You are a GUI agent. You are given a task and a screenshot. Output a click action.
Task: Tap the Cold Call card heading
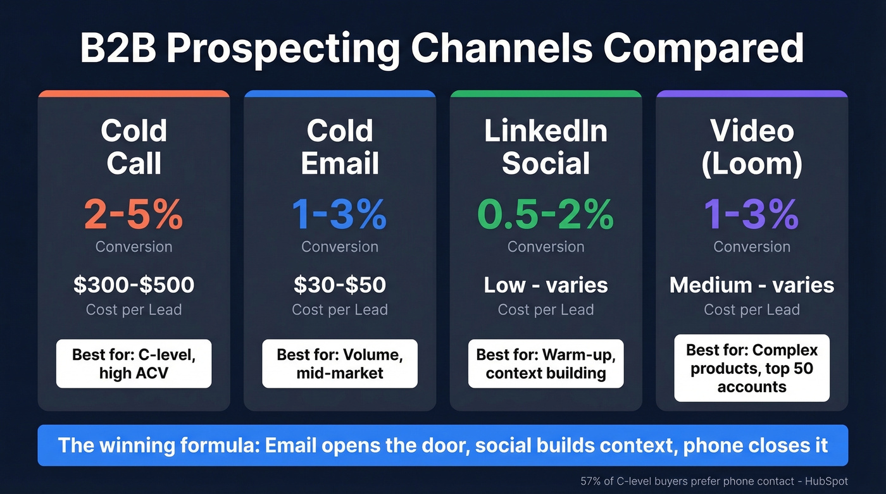tap(134, 147)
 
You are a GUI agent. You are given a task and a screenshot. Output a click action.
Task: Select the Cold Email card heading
tap(340, 147)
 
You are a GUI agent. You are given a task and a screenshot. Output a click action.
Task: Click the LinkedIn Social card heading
tap(546, 147)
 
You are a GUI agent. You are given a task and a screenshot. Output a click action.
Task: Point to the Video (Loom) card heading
tap(752, 147)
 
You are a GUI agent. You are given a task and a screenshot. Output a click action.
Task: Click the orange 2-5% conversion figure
tap(134, 215)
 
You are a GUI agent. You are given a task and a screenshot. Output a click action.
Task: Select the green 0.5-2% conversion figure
tap(546, 215)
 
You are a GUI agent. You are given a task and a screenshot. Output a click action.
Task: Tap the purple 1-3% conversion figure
tap(752, 215)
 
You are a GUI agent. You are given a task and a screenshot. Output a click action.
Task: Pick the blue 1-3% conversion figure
tap(340, 215)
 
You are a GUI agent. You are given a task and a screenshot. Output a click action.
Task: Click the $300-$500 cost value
tap(134, 285)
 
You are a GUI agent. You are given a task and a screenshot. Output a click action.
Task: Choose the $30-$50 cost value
tap(340, 285)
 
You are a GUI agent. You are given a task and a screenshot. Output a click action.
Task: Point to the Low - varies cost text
tap(546, 285)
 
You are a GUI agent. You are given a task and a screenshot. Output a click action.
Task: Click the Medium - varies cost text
tap(752, 285)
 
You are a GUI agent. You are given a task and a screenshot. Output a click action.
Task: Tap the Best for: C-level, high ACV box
tap(134, 364)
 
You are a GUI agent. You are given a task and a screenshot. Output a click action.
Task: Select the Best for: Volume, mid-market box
tap(340, 364)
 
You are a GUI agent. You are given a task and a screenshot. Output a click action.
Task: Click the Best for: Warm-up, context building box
tap(546, 364)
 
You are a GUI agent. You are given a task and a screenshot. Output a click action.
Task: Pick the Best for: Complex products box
tap(752, 368)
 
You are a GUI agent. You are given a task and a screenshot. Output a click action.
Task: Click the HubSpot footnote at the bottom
tap(714, 481)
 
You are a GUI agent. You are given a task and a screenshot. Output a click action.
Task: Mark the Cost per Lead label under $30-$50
tap(340, 310)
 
